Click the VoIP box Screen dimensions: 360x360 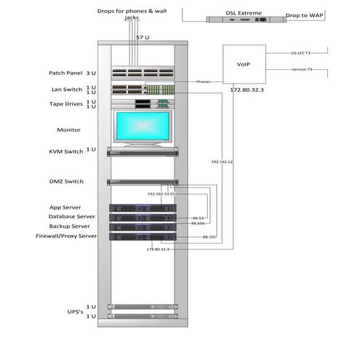pyautogui.click(x=244, y=65)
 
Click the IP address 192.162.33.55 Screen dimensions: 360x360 pyautogui.click(x=161, y=195)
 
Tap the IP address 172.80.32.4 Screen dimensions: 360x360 pyautogui.click(x=158, y=249)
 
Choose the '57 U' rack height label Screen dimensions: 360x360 pyautogui.click(x=143, y=36)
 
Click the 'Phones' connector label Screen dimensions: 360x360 pyautogui.click(x=204, y=81)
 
